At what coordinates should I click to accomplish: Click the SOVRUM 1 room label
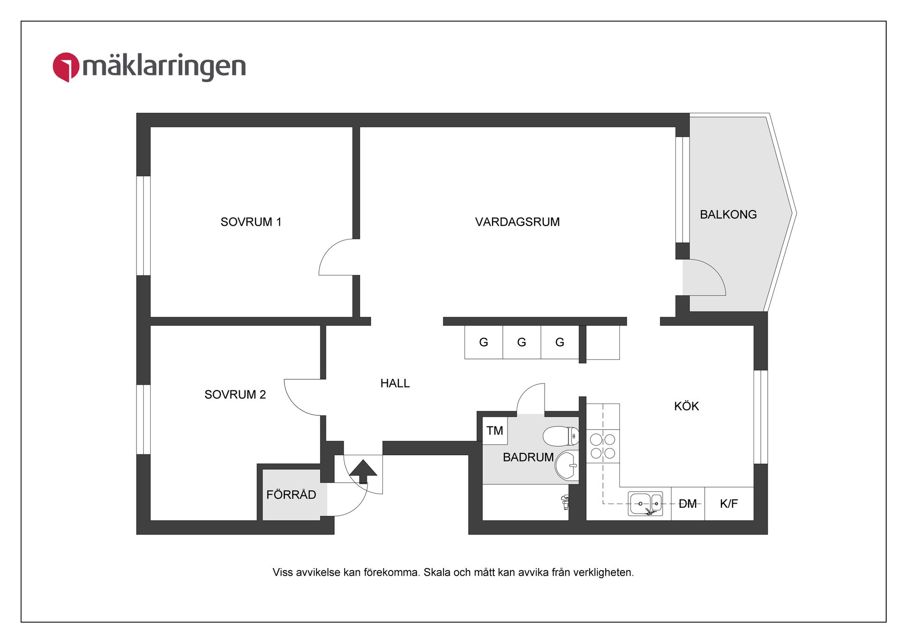point(251,222)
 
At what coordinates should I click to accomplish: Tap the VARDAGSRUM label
point(517,222)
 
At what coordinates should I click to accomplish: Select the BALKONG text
point(728,214)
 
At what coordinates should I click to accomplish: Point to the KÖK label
point(686,406)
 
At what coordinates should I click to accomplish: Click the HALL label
point(395,383)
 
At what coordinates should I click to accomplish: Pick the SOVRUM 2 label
point(235,395)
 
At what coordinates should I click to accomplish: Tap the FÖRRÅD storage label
point(291,495)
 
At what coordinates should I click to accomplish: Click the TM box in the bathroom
point(494,431)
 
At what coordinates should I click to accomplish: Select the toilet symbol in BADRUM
point(561,436)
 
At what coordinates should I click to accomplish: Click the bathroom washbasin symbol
point(566,465)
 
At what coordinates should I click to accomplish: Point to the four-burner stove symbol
point(602,446)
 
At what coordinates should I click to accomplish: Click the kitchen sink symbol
point(645,504)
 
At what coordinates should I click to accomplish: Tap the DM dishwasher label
point(687,504)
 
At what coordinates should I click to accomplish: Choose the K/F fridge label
point(728,504)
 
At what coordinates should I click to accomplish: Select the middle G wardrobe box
point(521,342)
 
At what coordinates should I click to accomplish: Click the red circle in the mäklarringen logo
point(65,67)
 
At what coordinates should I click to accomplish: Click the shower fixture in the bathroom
point(564,502)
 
